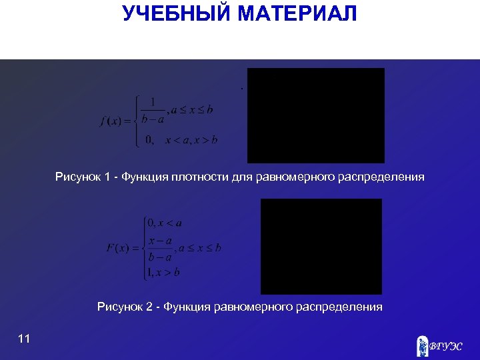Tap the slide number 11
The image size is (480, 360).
tap(24, 339)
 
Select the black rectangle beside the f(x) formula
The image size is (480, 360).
tap(316, 115)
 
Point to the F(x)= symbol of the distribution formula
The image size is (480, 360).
tap(121, 248)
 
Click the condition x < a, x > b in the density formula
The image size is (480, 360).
tap(191, 140)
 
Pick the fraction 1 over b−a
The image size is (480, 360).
tap(153, 111)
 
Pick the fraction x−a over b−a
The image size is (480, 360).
tap(160, 248)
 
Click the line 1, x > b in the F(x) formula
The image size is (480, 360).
tap(163, 272)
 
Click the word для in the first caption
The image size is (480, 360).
tap(239, 177)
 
